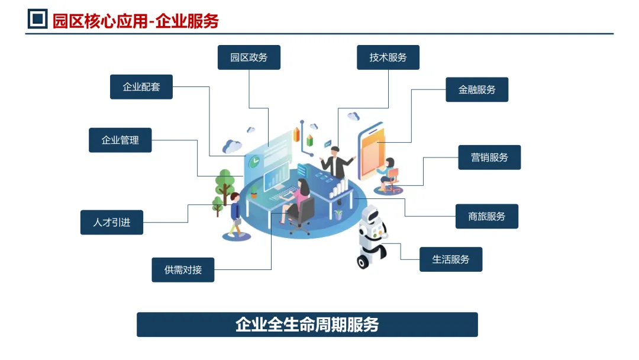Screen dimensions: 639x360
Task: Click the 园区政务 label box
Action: coord(248,57)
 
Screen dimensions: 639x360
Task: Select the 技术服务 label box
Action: coord(388,57)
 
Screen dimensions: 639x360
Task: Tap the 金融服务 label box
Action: coord(477,89)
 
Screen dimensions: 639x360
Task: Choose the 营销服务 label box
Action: coord(489,157)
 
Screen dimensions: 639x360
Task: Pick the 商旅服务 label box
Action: coord(487,216)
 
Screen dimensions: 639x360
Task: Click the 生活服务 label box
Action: coord(451,259)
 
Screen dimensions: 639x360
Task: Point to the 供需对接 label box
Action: coord(183,270)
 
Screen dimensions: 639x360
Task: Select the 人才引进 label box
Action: coord(112,223)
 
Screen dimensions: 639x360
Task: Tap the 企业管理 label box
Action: coord(120,140)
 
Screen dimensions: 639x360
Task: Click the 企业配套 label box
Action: coord(141,87)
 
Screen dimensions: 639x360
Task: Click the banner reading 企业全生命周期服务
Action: coord(307,324)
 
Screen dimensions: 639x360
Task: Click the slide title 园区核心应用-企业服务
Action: coord(135,21)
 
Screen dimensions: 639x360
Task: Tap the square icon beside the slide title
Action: coord(38,20)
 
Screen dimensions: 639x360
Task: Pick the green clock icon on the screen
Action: coord(254,160)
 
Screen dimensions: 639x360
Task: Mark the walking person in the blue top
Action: coord(236,214)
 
